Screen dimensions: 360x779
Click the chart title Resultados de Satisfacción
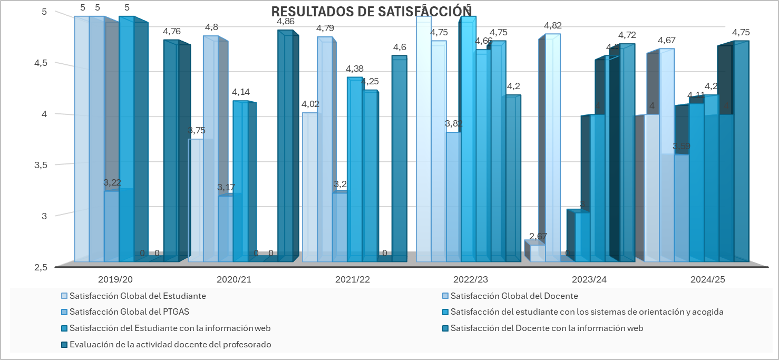(x=371, y=12)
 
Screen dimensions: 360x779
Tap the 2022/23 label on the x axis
(x=469, y=279)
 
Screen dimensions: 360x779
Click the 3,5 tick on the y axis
(x=40, y=165)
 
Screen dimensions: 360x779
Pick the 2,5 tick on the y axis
(x=40, y=267)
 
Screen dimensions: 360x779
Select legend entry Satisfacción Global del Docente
(x=514, y=296)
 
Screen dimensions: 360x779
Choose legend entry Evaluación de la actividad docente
(x=170, y=345)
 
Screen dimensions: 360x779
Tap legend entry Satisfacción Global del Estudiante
(x=137, y=296)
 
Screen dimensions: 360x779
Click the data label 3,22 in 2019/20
(x=112, y=183)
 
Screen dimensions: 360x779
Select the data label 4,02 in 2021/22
(x=309, y=104)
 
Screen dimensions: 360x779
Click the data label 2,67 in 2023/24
(x=538, y=236)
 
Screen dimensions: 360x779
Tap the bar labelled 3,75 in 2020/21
(x=196, y=200)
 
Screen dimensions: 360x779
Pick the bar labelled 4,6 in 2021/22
(x=399, y=158)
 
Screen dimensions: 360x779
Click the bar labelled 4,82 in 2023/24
(x=552, y=148)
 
